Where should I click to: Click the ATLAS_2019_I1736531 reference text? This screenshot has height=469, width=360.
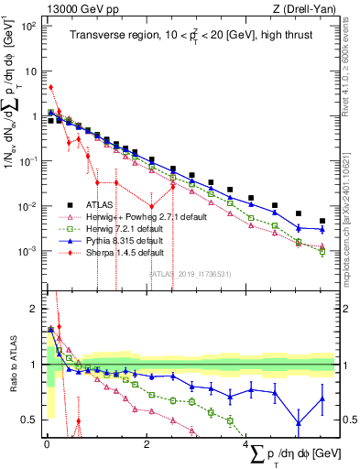(190, 272)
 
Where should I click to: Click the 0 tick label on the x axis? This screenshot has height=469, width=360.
(47, 444)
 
